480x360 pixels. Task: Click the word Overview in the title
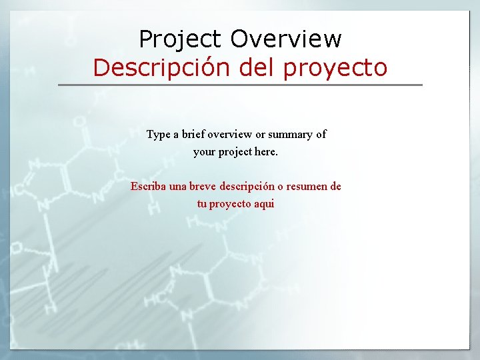[x=287, y=40]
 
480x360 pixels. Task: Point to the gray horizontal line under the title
[x=240, y=85]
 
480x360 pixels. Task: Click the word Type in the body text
[x=159, y=135]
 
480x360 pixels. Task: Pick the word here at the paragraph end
[x=266, y=151]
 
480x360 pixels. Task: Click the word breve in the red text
[x=203, y=186]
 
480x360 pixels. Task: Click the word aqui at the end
[x=263, y=204]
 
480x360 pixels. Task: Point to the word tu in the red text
[x=201, y=203]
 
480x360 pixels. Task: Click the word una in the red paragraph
[x=178, y=186]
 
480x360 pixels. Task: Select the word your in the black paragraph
[x=204, y=152]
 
